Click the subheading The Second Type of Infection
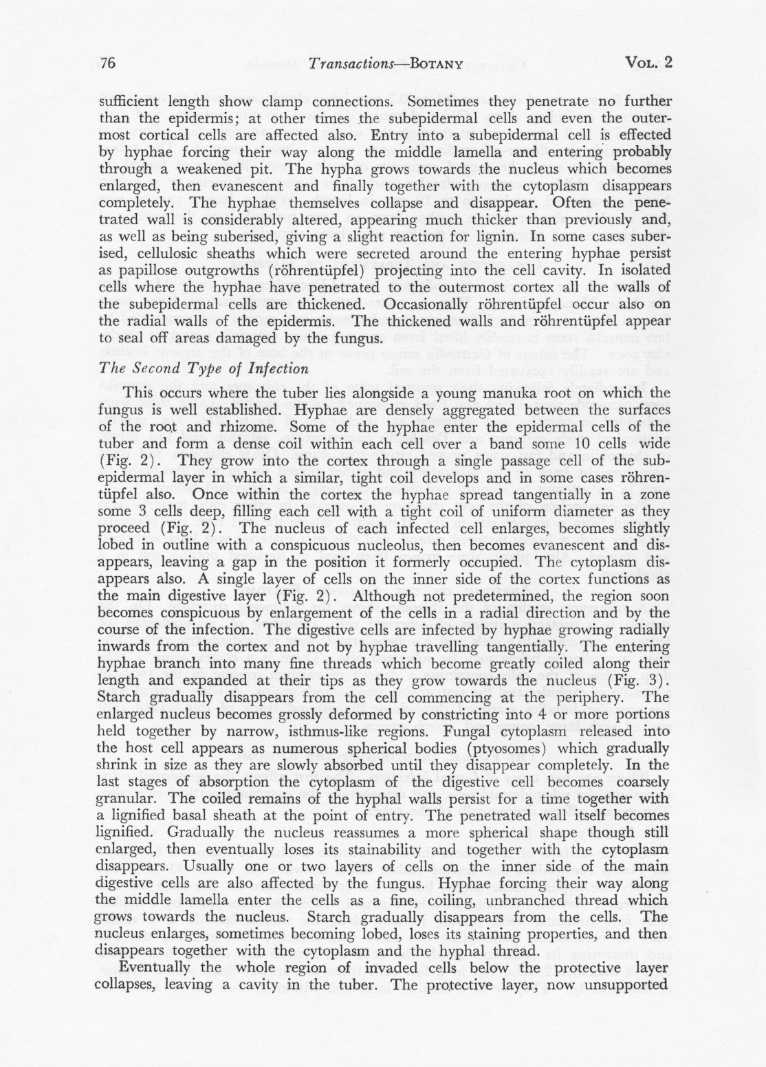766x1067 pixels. pos(204,368)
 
